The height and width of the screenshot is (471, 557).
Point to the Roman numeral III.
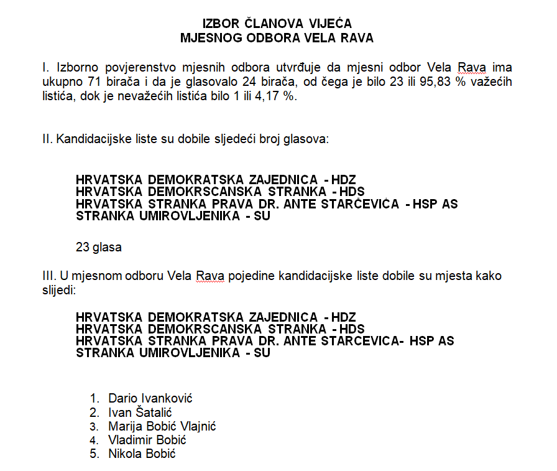tap(48, 275)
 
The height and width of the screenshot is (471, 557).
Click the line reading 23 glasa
tap(99, 247)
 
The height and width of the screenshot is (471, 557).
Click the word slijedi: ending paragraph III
tap(58, 290)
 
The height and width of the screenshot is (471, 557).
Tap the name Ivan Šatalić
tap(140, 413)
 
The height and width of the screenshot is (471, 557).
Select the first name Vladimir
tap(131, 440)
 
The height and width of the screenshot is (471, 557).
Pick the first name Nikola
tap(124, 454)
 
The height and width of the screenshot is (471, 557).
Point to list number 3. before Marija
tap(94, 426)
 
